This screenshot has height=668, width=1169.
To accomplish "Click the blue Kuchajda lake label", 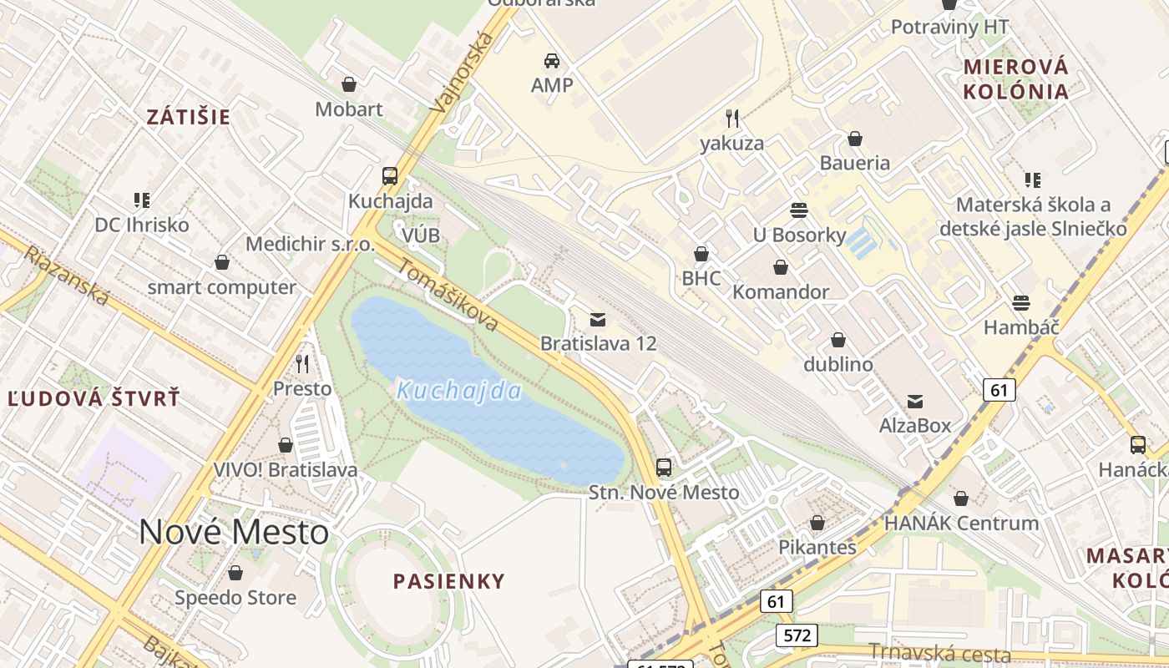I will [x=459, y=391].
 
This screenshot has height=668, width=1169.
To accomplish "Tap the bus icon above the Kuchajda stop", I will [x=390, y=176].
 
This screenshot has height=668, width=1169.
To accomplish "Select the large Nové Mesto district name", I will [x=234, y=532].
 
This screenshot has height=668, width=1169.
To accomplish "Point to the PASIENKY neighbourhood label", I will [x=449, y=581].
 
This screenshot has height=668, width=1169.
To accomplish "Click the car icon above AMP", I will [x=552, y=60].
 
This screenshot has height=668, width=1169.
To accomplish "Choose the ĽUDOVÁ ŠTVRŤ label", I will [x=94, y=398].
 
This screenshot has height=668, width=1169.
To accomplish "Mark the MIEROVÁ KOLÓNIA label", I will [x=1016, y=79].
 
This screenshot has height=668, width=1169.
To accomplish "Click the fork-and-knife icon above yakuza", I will [x=732, y=118].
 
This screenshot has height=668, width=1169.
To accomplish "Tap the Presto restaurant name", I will [x=302, y=389].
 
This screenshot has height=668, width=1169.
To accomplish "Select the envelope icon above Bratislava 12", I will [x=598, y=319].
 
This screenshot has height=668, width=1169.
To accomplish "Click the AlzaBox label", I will [x=915, y=426].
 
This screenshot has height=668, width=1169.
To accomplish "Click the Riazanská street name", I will [x=66, y=276].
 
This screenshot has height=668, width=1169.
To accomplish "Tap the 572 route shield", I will [x=797, y=635].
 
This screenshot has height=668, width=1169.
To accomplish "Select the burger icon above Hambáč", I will [x=1020, y=302].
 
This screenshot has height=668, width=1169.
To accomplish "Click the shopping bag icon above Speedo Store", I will [x=235, y=574].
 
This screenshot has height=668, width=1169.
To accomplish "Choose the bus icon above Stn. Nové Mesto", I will [x=664, y=468].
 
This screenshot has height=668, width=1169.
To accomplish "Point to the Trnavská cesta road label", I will [x=939, y=653].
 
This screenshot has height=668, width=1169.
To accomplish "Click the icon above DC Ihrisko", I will [x=142, y=200].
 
